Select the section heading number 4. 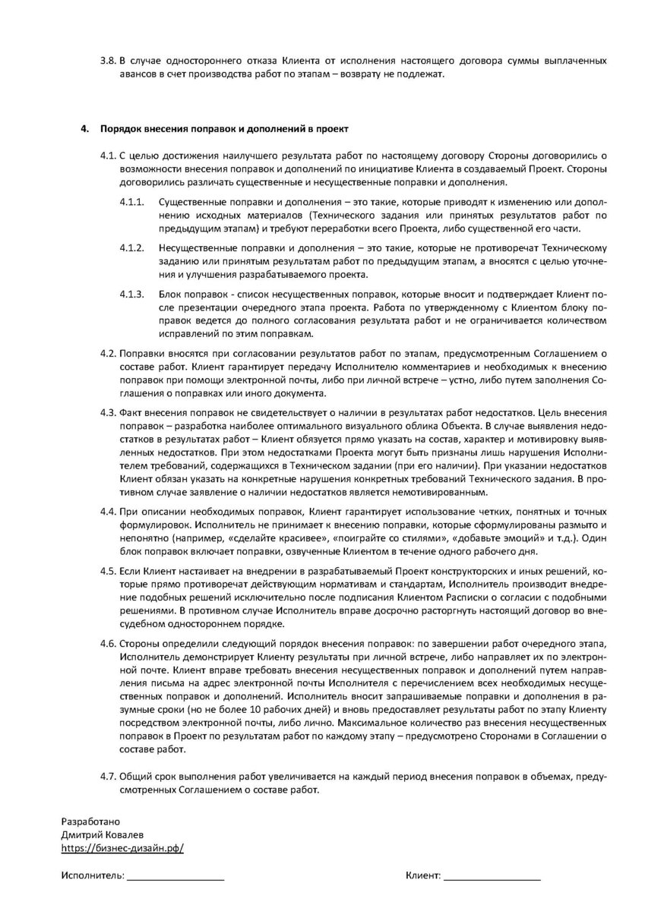pyautogui.click(x=85, y=130)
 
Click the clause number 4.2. pyautogui.click(x=108, y=354)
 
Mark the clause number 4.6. pyautogui.click(x=108, y=645)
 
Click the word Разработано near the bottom pyautogui.click(x=90, y=823)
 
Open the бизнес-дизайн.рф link pyautogui.click(x=122, y=848)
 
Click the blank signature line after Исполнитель pyautogui.click(x=175, y=877)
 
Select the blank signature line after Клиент pyautogui.click(x=492, y=877)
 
